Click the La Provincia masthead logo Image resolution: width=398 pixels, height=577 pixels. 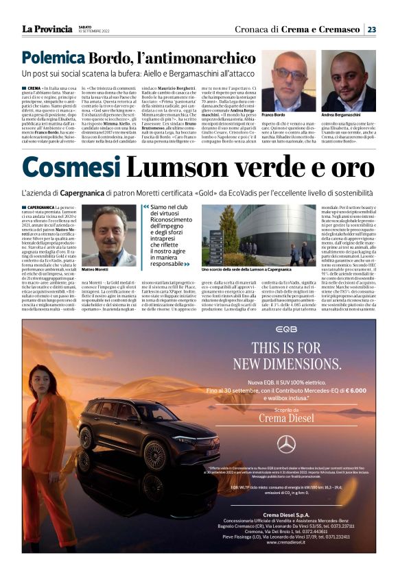coord(47,29)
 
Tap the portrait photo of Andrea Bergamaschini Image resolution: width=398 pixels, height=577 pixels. coord(352,80)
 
